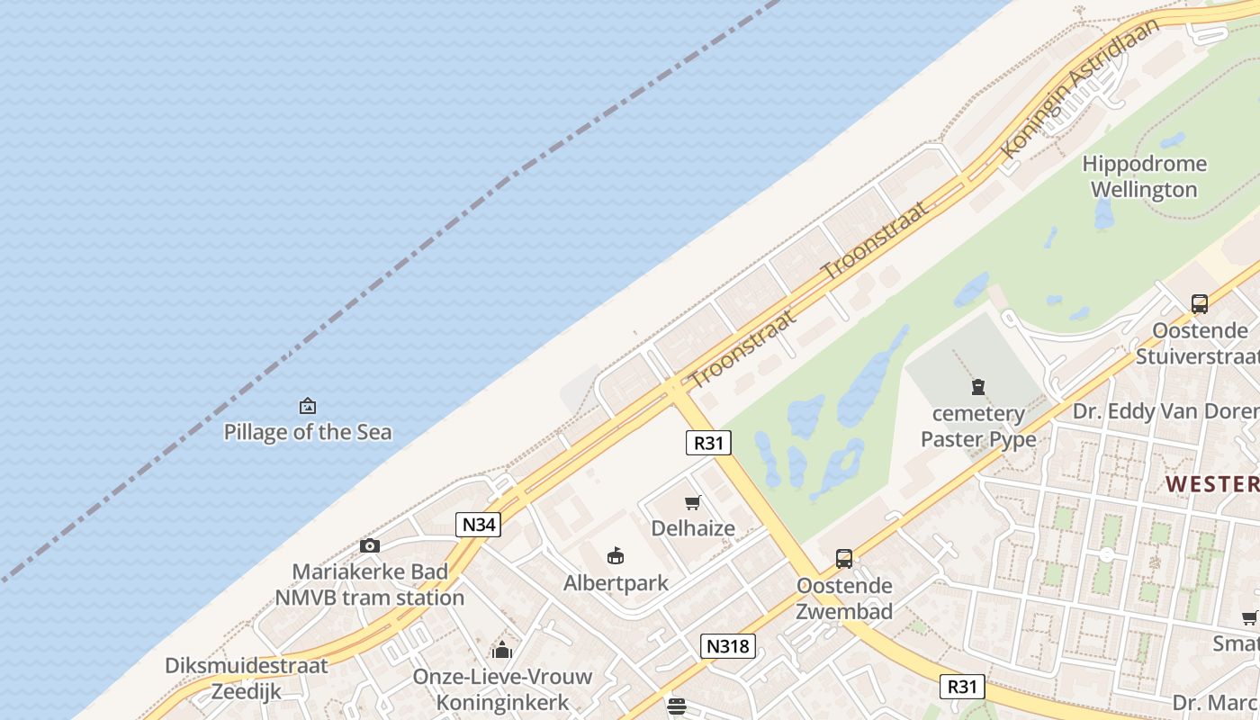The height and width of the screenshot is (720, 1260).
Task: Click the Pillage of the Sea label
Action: [308, 432]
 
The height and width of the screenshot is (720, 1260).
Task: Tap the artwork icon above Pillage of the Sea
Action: [308, 406]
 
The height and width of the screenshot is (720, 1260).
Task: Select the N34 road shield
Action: [477, 525]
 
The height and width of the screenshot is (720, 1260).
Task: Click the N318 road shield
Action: [727, 645]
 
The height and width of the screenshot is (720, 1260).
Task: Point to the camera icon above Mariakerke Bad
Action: [369, 545]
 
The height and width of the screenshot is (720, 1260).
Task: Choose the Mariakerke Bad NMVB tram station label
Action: [369, 585]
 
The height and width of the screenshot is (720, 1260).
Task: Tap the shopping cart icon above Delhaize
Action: [692, 502]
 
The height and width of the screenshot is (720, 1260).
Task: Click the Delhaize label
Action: [693, 528]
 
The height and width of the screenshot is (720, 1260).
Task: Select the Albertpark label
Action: [616, 583]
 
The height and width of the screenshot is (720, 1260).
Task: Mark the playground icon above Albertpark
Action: [616, 555]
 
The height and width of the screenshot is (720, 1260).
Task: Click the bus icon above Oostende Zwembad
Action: [843, 559]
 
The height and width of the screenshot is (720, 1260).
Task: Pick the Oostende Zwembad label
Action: [844, 598]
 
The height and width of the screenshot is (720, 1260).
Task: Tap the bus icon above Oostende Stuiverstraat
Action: [1199, 304]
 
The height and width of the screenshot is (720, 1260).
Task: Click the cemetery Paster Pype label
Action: [977, 427]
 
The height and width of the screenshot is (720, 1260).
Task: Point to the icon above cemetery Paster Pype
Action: [977, 388]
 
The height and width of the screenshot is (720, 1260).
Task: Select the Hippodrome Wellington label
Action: [1144, 176]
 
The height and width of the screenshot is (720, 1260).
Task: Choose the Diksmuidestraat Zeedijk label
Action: [247, 679]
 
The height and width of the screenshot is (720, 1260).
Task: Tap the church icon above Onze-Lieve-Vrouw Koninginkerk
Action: [501, 650]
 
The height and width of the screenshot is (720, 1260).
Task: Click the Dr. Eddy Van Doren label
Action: [1165, 411]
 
